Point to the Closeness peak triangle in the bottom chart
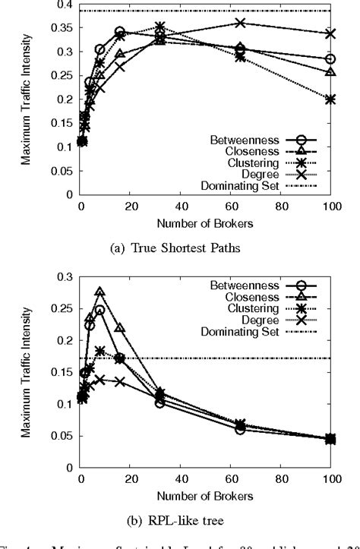click(99, 292)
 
